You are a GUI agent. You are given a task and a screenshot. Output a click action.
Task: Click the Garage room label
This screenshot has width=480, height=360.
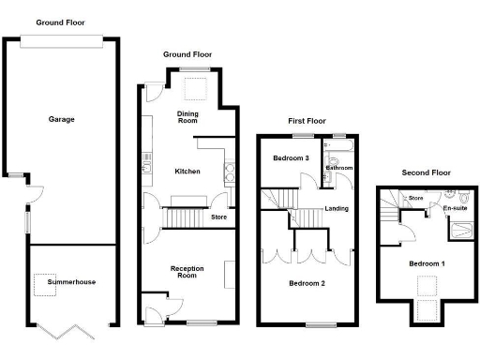coord(62,119)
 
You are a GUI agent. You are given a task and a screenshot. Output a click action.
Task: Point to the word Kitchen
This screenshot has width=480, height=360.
coord(187,172)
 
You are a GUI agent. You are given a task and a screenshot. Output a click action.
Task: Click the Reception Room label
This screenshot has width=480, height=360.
coord(187,272)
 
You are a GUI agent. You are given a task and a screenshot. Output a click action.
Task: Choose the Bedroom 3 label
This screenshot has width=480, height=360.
coord(292,158)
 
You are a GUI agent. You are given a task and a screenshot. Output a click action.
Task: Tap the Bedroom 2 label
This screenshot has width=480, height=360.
coord(307,282)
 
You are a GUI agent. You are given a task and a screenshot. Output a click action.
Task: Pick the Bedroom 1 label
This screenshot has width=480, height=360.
coord(427,263)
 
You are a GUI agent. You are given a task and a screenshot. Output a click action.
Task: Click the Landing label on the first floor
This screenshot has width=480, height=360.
coord(337,208)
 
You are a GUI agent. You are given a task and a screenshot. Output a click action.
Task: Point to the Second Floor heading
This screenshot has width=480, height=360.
coord(426,172)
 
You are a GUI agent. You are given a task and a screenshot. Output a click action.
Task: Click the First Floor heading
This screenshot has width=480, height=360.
coord(307,121)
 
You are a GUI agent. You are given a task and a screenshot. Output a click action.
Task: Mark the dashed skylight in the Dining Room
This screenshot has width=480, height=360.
coord(195,89)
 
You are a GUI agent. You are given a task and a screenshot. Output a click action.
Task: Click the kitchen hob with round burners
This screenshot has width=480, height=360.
coord(229,171)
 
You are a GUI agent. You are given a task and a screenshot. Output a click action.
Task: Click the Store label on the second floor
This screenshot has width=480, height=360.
coord(416,199)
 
